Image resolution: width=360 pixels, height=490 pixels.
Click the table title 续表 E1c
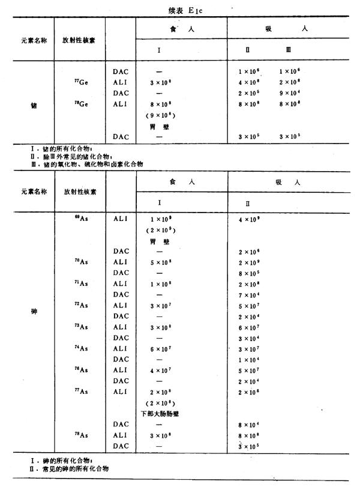(x=181, y=8)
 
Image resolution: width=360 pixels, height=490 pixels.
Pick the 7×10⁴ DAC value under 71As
(x=248, y=295)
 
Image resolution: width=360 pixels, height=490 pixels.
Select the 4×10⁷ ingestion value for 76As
(x=160, y=371)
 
